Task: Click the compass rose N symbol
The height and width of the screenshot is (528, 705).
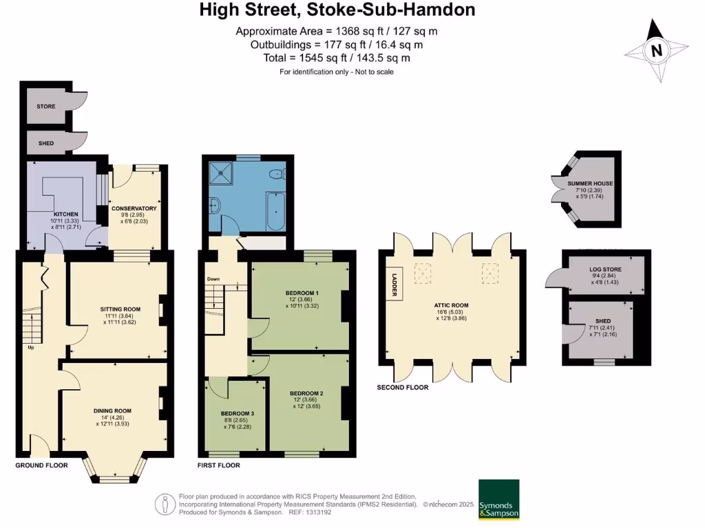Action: point(657,49)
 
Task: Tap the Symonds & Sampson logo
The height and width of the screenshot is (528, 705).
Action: point(499,500)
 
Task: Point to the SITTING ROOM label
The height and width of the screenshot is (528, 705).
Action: point(120,309)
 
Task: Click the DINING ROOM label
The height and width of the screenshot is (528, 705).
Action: point(113,410)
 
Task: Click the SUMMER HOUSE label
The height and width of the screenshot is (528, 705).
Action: point(594,184)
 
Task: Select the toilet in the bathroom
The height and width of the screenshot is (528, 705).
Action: point(277,174)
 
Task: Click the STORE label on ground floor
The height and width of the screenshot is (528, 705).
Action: point(46,107)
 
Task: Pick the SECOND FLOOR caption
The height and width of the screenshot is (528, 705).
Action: point(402,387)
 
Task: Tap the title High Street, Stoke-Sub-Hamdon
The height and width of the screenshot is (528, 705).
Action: point(337,10)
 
